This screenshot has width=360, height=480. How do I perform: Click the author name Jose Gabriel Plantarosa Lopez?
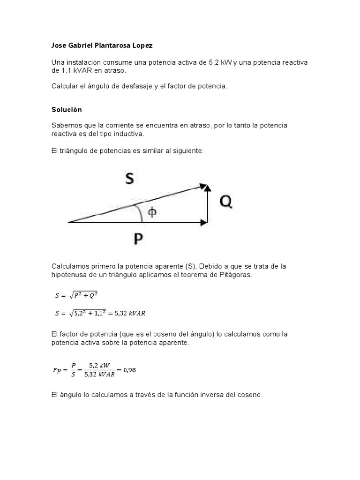(x=102, y=45)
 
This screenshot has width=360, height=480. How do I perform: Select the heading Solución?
(x=67, y=110)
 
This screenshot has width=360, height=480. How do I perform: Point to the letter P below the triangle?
(x=138, y=240)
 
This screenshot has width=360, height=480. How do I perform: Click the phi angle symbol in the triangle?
(x=152, y=212)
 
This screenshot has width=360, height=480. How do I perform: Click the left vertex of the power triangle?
(x=69, y=222)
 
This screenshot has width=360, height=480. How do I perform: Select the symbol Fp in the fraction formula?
(x=57, y=370)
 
